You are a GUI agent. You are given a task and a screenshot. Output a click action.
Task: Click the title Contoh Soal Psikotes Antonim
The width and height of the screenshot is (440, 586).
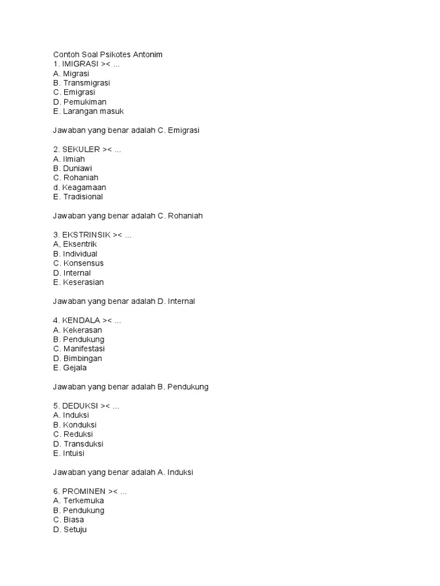click(x=108, y=54)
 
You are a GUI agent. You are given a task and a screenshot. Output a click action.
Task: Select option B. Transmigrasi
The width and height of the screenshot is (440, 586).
click(x=81, y=83)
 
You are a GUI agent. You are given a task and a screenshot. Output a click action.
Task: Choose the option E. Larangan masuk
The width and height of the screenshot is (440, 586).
click(x=88, y=112)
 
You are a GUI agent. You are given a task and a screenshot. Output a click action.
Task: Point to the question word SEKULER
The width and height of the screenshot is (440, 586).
click(x=81, y=149)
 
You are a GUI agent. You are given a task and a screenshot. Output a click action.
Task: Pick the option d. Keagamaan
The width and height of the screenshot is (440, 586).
click(x=79, y=187)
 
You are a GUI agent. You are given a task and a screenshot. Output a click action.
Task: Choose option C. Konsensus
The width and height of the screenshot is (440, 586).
click(x=78, y=263)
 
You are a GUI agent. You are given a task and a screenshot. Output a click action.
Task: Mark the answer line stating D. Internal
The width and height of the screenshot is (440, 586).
click(x=124, y=302)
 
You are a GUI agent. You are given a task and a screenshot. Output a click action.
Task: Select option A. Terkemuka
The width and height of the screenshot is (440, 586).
click(x=78, y=501)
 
